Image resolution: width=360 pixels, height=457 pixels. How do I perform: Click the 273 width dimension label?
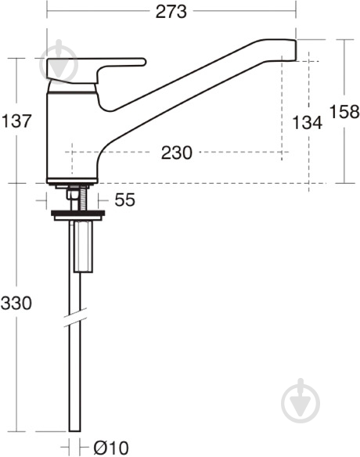171,11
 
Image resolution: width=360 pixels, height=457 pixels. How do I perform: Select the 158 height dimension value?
344,111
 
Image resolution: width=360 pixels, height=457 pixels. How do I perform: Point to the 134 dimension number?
307,122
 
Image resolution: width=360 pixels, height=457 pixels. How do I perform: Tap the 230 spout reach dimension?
176,153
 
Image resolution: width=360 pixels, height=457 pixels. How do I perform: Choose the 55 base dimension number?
124,200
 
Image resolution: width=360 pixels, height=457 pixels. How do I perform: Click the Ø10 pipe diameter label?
108,448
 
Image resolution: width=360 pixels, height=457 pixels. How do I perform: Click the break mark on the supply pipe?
75,318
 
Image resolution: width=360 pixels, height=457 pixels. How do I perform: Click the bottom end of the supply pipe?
75,429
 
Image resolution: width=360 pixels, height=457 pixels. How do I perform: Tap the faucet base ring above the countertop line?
72,182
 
